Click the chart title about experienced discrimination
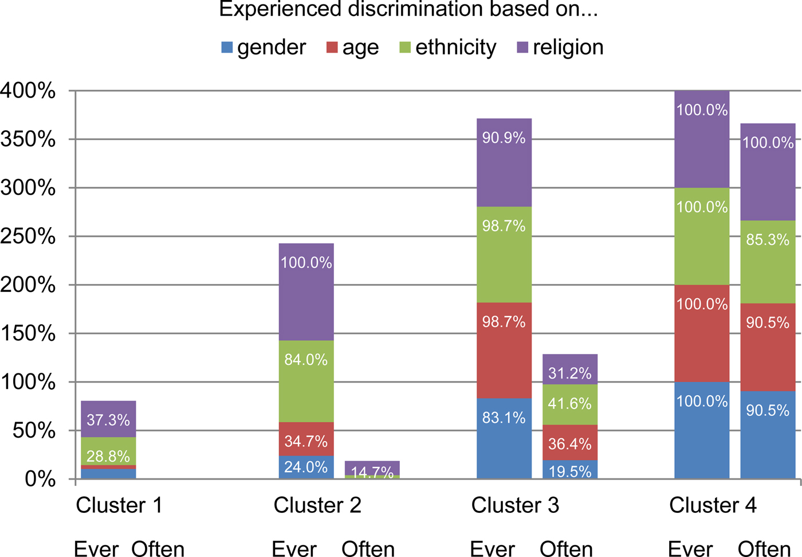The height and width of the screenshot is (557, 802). point(408,10)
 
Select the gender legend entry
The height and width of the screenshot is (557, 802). point(264,47)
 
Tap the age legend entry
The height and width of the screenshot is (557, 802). point(352,47)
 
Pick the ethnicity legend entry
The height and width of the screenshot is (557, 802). point(448,47)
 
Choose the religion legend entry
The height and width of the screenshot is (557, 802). point(560,47)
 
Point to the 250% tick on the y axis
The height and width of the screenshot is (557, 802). point(28,236)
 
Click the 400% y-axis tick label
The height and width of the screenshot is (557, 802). point(28,91)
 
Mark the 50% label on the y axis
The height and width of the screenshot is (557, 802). point(34,430)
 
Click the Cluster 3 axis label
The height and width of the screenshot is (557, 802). point(515,505)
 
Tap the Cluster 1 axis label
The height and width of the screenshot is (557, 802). point(119,505)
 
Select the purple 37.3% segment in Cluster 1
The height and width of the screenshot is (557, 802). point(108,419)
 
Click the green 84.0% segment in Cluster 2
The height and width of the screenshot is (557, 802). point(306,381)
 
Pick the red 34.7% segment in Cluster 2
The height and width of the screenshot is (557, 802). point(306,439)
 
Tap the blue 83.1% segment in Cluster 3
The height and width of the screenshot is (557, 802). point(504,438)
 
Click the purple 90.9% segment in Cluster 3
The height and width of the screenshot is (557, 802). point(504,162)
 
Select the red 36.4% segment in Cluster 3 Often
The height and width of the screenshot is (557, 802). point(569,442)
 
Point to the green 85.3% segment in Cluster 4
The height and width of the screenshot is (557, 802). point(768,262)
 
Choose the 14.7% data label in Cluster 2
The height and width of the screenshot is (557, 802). point(372,472)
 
